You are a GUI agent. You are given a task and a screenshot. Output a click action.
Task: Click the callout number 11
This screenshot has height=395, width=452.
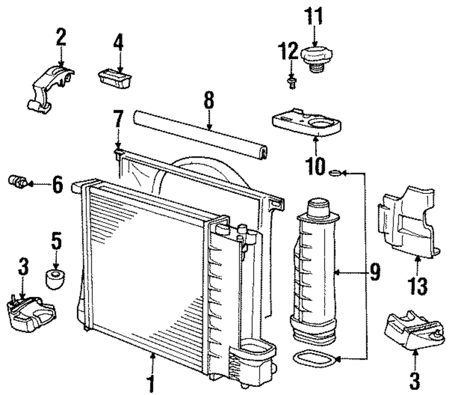[x=314, y=16]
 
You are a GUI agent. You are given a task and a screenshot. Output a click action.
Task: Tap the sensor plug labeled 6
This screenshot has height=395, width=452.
[x=18, y=182]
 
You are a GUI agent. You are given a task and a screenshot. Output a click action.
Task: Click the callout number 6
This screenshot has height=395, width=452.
[x=58, y=184]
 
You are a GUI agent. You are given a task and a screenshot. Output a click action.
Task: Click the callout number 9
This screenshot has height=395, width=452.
[x=375, y=272]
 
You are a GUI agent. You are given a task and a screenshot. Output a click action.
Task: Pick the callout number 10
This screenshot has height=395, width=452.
[x=315, y=166]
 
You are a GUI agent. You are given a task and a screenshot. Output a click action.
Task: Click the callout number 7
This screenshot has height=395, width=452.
[x=118, y=119]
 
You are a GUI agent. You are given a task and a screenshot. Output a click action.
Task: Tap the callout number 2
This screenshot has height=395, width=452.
[x=61, y=37]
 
